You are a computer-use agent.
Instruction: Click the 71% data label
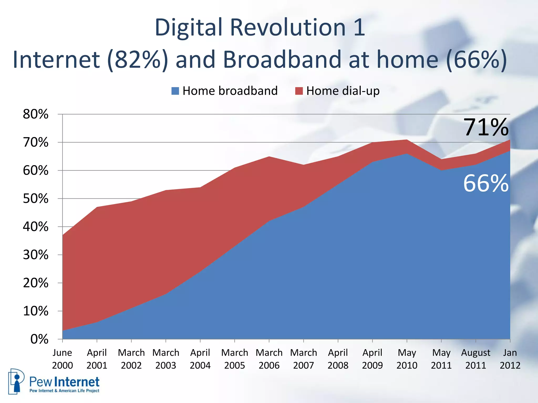click(x=485, y=128)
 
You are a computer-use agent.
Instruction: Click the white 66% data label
click(x=485, y=184)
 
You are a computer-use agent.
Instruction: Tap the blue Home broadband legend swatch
click(x=175, y=91)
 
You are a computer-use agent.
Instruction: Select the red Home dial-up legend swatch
click(x=299, y=91)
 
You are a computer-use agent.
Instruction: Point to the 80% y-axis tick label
click(x=36, y=114)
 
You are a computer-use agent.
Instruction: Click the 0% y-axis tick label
click(x=39, y=339)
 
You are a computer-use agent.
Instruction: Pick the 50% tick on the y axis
click(x=36, y=199)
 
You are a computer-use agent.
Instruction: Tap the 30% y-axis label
click(x=36, y=255)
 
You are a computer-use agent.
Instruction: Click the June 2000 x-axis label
click(x=62, y=359)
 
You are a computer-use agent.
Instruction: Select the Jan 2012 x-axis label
click(x=510, y=359)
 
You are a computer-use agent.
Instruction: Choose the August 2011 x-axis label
click(x=475, y=359)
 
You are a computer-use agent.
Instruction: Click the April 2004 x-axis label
click(x=200, y=359)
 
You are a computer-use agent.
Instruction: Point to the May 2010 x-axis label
click(x=407, y=359)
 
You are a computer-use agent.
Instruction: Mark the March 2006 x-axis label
click(x=269, y=359)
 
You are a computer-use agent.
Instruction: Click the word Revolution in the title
click(x=288, y=28)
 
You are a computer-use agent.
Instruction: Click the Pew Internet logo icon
click(x=16, y=381)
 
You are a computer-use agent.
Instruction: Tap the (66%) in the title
click(x=477, y=60)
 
